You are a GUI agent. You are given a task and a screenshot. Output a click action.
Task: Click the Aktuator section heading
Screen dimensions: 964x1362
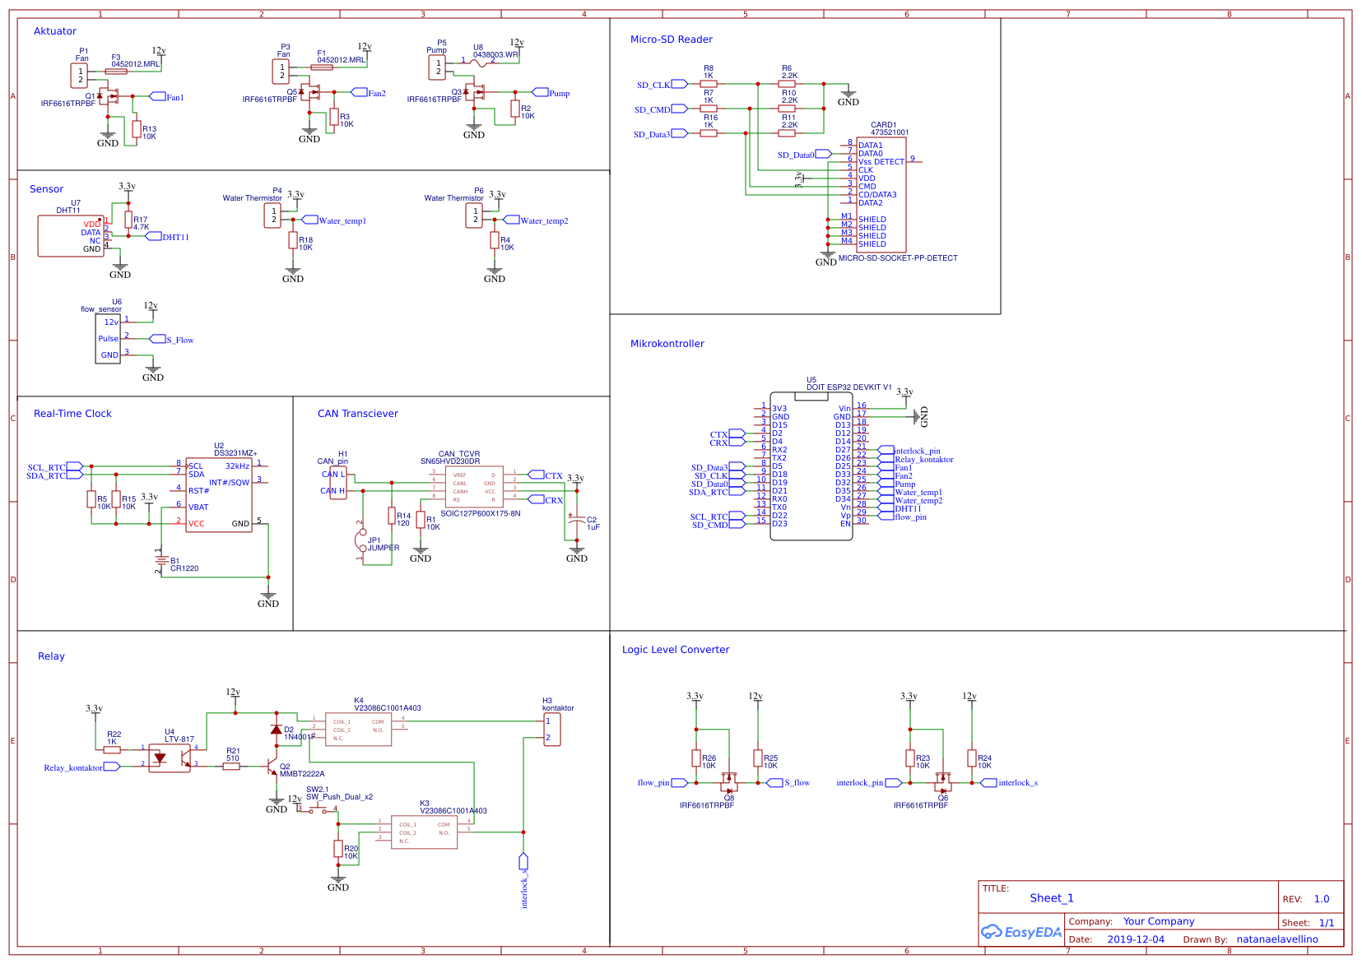coord(54,31)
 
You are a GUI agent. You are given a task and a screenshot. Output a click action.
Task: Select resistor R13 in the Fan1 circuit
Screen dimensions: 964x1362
coord(137,129)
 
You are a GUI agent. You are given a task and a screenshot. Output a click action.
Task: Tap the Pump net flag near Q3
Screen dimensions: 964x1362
coord(541,93)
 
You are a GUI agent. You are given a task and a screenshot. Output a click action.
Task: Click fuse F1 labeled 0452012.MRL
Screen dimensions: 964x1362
coord(322,67)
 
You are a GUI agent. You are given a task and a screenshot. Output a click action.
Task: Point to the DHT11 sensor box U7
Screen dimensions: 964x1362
coord(70,236)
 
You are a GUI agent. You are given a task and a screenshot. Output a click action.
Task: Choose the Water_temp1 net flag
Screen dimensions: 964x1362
coord(310,220)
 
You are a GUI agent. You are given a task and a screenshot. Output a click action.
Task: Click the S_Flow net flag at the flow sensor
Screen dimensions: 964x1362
coord(158,339)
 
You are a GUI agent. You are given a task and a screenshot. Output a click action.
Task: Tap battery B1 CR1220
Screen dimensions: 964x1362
coord(160,561)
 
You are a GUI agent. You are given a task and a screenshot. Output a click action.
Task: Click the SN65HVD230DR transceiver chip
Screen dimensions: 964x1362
coord(473,487)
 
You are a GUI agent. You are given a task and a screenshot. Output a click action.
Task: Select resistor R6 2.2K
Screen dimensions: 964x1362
coord(787,83)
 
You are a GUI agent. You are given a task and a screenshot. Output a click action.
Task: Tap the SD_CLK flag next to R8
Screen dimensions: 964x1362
coord(679,84)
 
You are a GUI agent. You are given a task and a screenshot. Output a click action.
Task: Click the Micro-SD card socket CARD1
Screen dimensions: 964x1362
coord(881,195)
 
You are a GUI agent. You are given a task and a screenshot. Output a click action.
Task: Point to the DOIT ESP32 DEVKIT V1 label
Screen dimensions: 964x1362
coord(848,387)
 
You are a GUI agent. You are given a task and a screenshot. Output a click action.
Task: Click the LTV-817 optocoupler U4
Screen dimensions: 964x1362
coord(169,758)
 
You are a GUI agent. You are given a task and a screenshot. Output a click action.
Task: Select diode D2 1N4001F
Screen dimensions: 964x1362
coord(277,730)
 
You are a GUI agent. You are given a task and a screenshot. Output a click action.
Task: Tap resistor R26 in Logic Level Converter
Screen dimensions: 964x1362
coord(696,758)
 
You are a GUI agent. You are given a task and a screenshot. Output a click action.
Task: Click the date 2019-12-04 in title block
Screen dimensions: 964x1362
coord(1135,939)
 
